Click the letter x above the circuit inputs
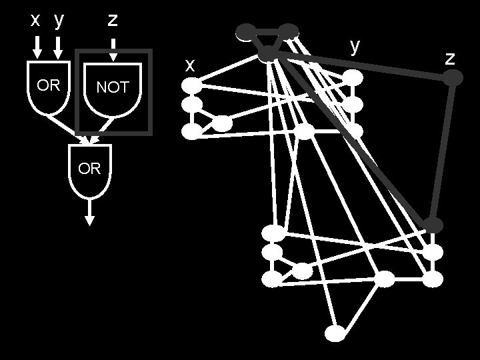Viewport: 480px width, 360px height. click(37, 21)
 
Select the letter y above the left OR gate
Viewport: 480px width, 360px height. click(59, 21)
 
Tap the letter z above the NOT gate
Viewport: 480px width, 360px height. click(113, 21)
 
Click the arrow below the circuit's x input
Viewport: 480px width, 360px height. click(37, 47)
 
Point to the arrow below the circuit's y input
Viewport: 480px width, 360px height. click(59, 47)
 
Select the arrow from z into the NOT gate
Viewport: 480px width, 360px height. click(113, 48)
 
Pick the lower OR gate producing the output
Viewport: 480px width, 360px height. click(89, 169)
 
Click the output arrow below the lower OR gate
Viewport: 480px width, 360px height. click(89, 214)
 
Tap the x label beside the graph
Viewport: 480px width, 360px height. click(190, 65)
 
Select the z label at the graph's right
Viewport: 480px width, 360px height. click(450, 58)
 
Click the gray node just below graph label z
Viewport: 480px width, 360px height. click(453, 79)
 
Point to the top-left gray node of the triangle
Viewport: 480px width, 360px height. click(246, 31)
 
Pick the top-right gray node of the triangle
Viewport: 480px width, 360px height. click(289, 31)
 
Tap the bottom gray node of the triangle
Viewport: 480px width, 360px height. click(268, 55)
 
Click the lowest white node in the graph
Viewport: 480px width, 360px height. click(336, 333)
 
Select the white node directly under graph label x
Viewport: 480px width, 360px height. click(192, 85)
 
